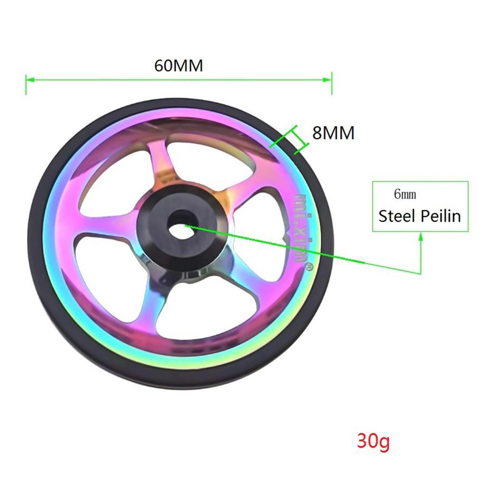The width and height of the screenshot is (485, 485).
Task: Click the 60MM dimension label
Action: coord(179,65)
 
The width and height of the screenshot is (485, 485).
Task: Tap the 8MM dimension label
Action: coord(333,133)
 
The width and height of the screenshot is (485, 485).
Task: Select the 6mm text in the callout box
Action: coord(405,195)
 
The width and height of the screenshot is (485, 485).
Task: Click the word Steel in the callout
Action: coord(396,216)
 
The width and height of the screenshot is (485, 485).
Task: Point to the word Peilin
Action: coord(439,216)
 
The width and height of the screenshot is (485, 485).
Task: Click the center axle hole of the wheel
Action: coord(178,225)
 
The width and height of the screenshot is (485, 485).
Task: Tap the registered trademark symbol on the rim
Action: coord(307,268)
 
